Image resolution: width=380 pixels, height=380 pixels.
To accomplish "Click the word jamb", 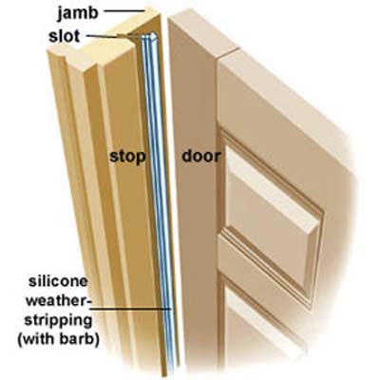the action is pyautogui.click(x=78, y=13).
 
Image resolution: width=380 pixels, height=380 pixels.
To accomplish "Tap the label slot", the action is pyautogui.click(x=65, y=36).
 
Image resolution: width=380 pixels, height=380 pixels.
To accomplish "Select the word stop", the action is pyautogui.click(x=127, y=157).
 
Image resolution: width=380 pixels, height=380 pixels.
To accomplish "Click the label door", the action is pyautogui.click(x=201, y=157).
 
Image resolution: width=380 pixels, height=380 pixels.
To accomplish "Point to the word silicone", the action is pyautogui.click(x=58, y=281).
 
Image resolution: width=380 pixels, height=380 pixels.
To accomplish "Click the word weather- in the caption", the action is pyautogui.click(x=58, y=300).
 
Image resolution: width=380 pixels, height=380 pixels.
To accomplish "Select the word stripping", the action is pyautogui.click(x=59, y=321).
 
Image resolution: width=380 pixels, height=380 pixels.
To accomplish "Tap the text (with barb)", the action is pyautogui.click(x=58, y=339).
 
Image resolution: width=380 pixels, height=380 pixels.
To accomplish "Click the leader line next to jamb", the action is pyautogui.click(x=124, y=11).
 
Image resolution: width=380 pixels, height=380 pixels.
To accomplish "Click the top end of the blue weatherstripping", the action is pyautogui.click(x=149, y=35).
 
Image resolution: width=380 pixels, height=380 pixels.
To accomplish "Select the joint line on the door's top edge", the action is pyautogui.click(x=229, y=53).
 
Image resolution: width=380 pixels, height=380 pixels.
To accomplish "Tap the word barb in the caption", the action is pyautogui.click(x=79, y=339).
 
